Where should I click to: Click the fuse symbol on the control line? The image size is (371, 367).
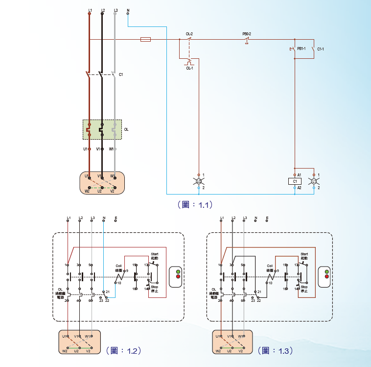point(145,39)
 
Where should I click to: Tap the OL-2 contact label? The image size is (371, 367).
point(189,34)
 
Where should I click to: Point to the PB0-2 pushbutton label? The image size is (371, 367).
point(247,34)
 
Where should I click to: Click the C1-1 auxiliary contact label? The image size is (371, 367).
point(321,49)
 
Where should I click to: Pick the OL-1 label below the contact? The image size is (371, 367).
point(189,69)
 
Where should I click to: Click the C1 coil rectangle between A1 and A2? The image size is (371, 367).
point(295,181)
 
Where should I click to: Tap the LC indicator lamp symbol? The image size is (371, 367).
point(199,181)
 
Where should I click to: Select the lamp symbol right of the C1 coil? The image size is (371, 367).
point(314,181)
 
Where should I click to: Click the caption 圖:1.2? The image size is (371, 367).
point(124,351)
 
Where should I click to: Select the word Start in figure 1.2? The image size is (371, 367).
point(155,254)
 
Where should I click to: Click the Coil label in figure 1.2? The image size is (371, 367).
point(118,266)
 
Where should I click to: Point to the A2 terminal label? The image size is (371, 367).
point(299,188)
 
